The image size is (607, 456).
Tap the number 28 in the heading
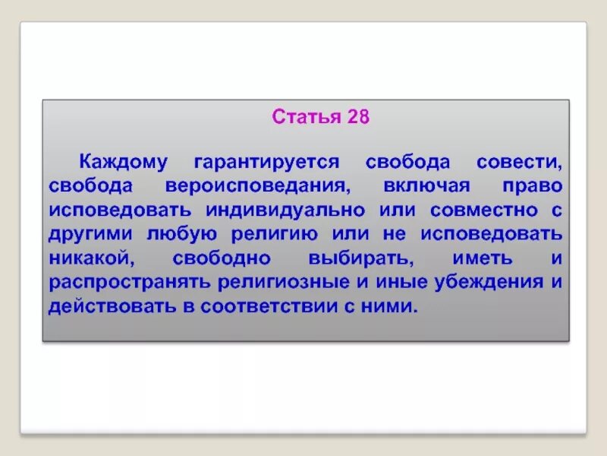click(x=357, y=119)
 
